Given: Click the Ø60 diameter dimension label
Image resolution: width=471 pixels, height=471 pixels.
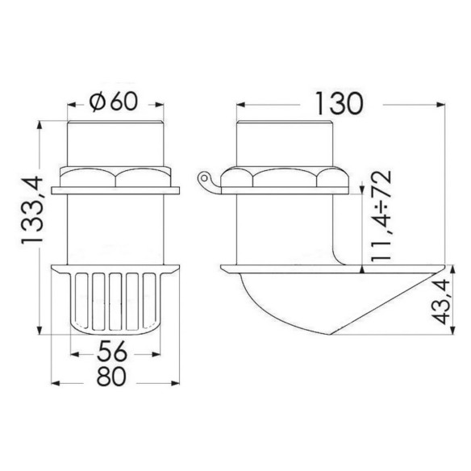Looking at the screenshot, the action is (x=114, y=102).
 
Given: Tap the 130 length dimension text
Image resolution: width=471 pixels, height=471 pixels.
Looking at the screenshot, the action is (x=339, y=103).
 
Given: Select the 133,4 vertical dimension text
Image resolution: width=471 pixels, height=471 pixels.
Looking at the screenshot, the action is (x=32, y=210).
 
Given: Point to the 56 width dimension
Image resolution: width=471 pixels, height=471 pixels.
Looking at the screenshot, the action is (x=111, y=352).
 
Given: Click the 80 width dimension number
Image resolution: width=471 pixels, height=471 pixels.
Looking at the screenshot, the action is (x=110, y=377).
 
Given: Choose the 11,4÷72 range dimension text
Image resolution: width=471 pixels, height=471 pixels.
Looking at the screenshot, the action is (x=381, y=215).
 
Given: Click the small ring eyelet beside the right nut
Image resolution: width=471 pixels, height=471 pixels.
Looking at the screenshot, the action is (x=204, y=177).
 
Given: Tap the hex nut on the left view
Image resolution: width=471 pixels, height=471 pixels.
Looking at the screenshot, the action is (x=115, y=177).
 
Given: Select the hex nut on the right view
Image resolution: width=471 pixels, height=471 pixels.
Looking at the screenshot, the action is (x=285, y=177).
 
